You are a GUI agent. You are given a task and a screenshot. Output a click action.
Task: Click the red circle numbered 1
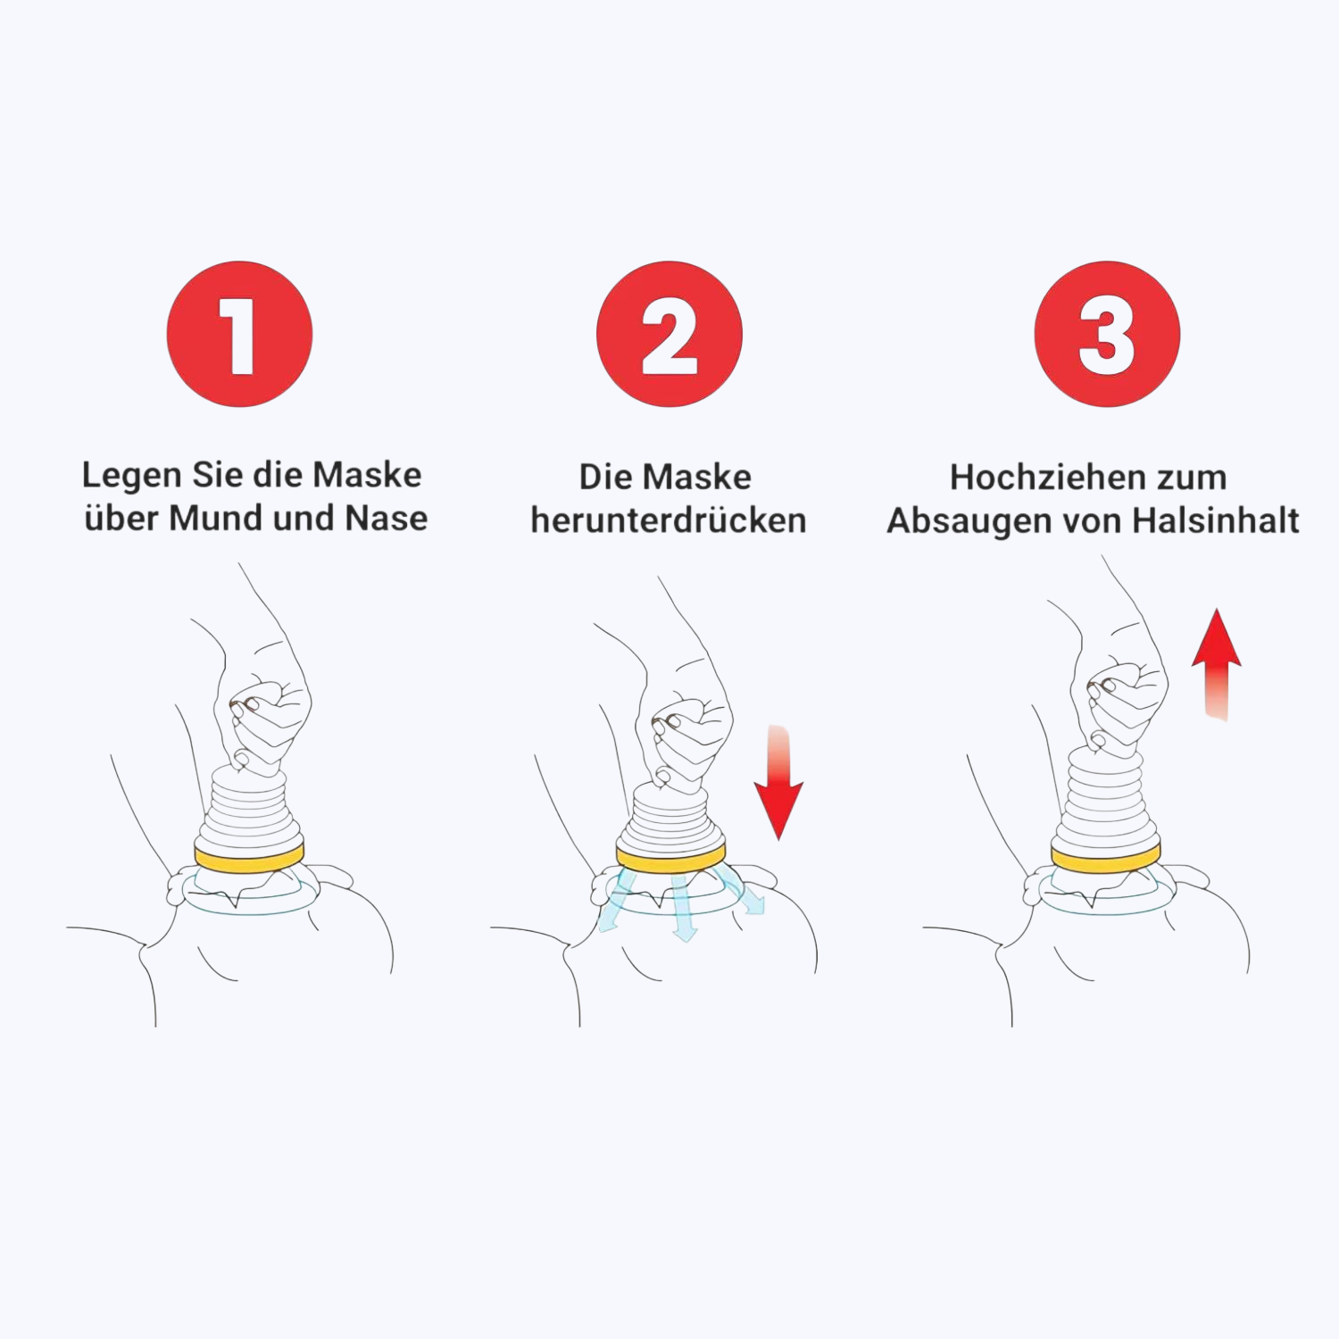pos(239,334)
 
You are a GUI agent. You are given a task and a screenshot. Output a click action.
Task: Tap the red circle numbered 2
pos(669,334)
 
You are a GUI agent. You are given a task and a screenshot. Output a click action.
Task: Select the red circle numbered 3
pos(1107,334)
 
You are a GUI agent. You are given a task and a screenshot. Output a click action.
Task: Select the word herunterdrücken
pos(669,520)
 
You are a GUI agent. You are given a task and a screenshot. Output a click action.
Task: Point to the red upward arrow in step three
pos(1216,664)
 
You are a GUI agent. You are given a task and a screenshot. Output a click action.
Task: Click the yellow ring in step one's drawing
pos(250,858)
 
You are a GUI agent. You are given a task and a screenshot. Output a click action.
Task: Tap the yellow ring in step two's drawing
pos(669,861)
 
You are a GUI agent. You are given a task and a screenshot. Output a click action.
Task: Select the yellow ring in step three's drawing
pos(1105,859)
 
